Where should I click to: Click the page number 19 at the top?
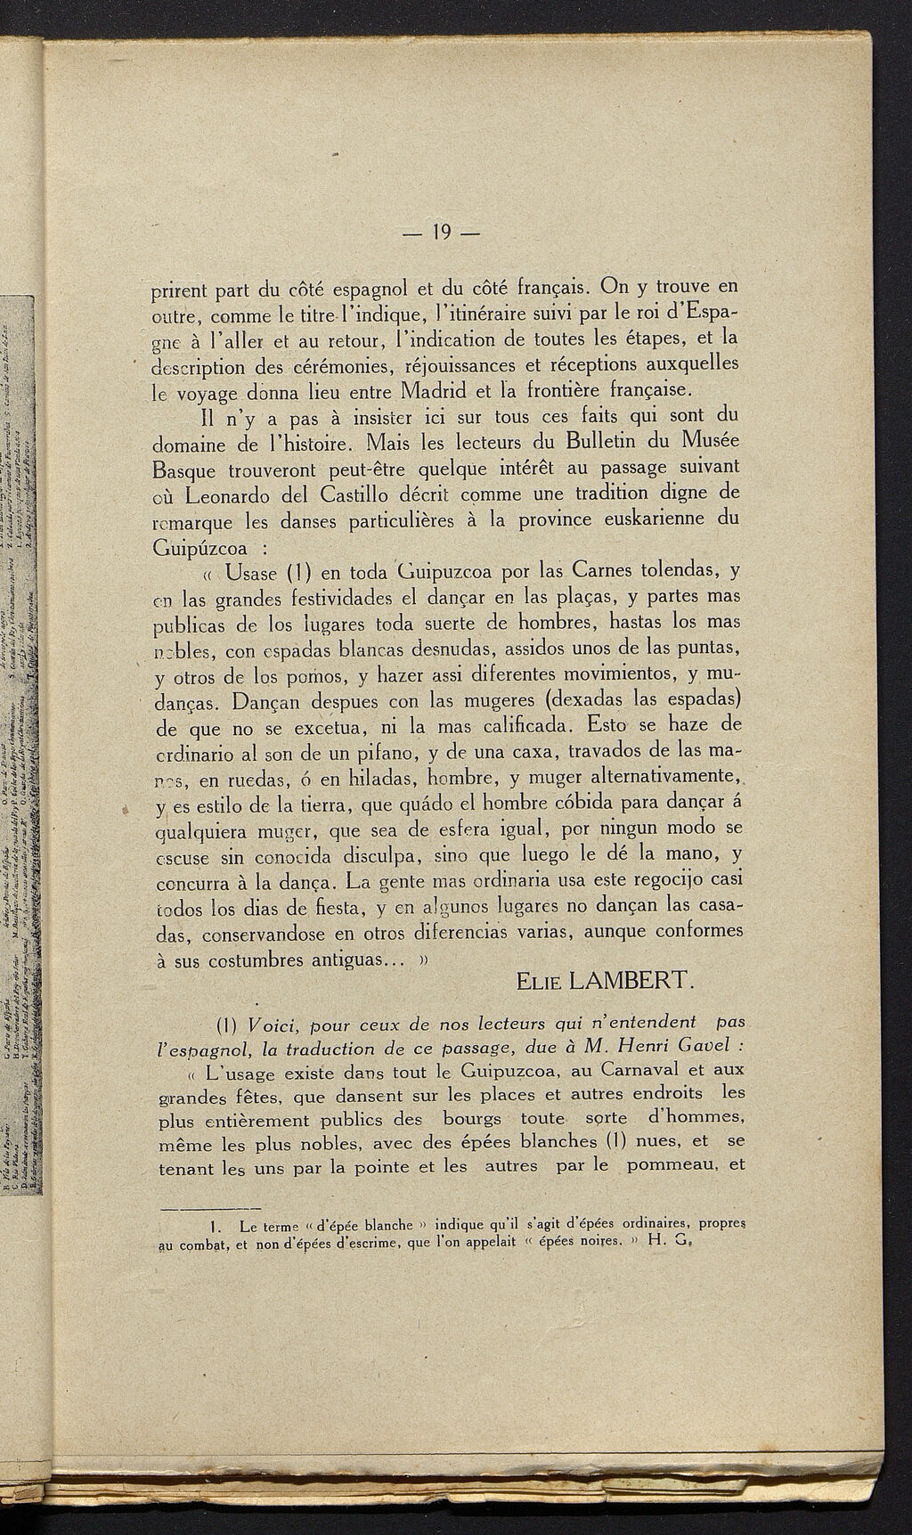(439, 233)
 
